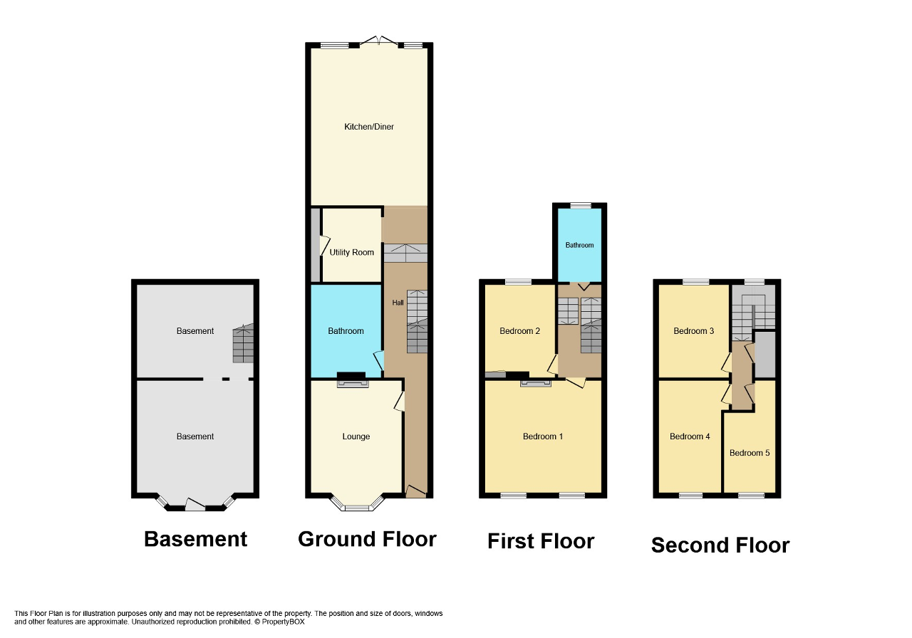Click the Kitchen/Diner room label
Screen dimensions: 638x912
point(368,127)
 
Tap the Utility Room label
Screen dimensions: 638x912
point(351,252)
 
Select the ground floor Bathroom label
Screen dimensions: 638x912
point(346,330)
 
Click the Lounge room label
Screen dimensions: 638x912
point(356,436)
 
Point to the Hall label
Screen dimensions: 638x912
point(398,303)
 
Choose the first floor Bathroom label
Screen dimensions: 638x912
point(579,245)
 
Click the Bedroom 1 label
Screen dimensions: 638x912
point(543,436)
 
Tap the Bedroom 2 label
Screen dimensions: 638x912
point(519,331)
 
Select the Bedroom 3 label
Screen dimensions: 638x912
point(693,331)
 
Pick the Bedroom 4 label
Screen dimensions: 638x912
point(690,436)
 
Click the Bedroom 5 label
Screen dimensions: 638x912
point(750,453)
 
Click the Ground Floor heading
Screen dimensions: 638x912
point(367,539)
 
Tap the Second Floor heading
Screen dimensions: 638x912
point(720,545)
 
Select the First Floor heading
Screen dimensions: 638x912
point(540,541)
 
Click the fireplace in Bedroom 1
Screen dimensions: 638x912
point(535,383)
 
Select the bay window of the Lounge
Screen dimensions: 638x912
point(357,505)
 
